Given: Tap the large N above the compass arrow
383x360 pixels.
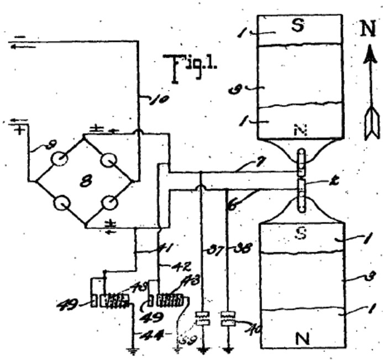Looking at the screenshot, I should [x=368, y=29].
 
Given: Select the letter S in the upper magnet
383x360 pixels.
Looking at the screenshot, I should [x=297, y=26].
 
